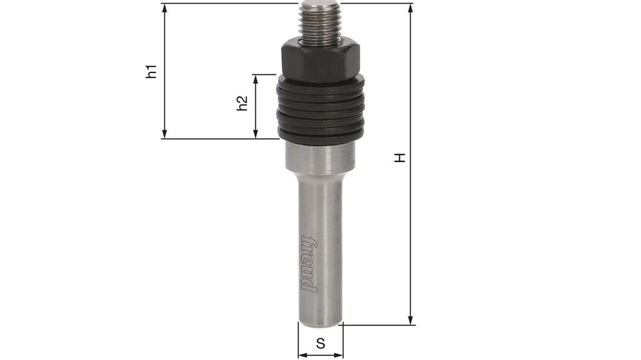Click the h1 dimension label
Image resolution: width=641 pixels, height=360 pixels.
pos(151,70)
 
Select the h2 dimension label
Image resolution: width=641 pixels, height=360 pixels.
pos(242,104)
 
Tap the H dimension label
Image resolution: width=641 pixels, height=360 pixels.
pos(400,158)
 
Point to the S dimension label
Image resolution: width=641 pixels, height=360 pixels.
pos(320,343)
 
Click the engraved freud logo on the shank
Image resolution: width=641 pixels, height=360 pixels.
pos(309,263)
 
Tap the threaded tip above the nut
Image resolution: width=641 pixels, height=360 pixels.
pos(320,22)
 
